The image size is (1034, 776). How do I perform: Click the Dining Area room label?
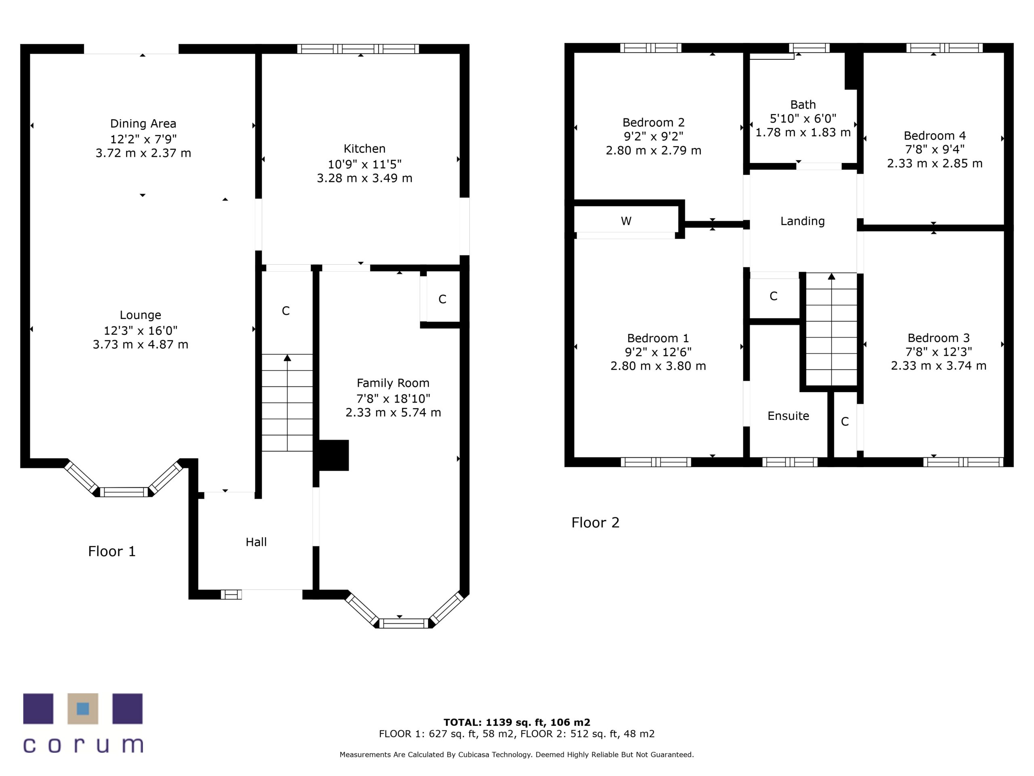click(143, 124)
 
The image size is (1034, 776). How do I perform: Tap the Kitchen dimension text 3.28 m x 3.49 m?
click(364, 178)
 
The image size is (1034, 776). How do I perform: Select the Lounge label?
click(140, 315)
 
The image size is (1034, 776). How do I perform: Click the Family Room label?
click(393, 383)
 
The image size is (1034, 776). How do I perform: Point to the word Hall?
click(256, 542)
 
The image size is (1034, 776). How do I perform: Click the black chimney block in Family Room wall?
click(333, 455)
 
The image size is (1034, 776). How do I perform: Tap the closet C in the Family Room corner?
click(442, 299)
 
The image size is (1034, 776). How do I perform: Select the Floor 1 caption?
click(112, 551)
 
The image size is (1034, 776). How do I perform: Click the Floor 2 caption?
click(595, 523)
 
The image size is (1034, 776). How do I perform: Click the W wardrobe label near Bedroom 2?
click(626, 221)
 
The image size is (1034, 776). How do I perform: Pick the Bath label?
click(803, 105)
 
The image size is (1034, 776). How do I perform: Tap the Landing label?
click(802, 221)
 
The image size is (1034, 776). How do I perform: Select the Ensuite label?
click(788, 416)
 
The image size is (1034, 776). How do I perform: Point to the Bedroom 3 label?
click(938, 338)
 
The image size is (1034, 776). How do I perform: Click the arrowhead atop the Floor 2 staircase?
click(831, 276)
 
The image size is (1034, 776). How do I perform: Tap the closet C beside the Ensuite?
click(844, 422)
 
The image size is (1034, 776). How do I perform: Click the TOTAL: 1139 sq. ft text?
click(517, 722)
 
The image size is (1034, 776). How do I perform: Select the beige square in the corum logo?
click(83, 709)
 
